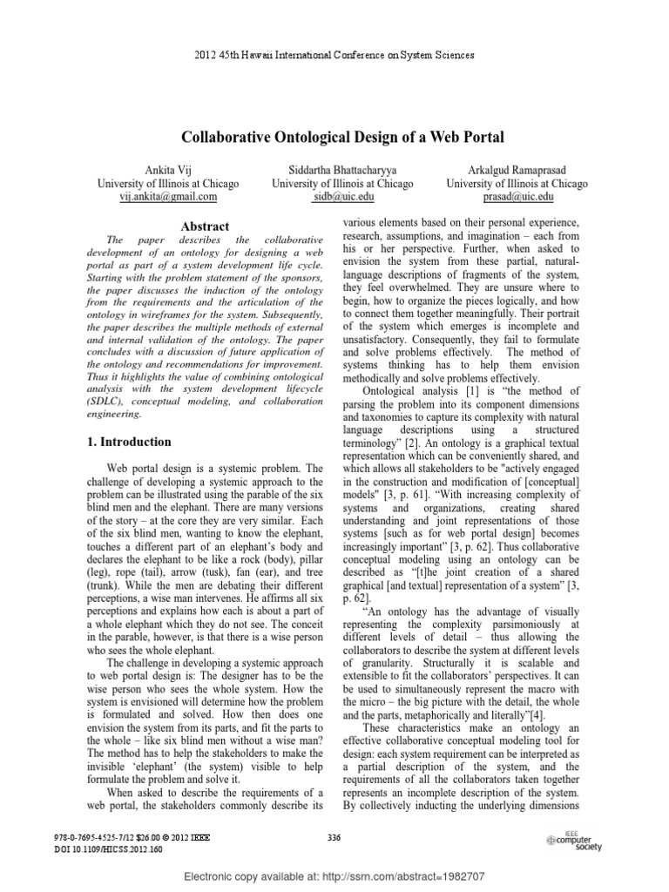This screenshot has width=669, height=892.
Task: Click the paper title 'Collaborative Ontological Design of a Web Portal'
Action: tap(342, 138)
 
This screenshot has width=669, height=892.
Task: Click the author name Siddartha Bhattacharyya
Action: tap(342, 168)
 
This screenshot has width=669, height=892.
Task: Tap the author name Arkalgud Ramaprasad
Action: tap(517, 168)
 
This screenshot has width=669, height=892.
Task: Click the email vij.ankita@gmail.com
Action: tap(168, 198)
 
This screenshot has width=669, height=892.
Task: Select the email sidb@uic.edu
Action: tap(342, 198)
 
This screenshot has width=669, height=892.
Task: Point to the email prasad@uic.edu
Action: tap(517, 198)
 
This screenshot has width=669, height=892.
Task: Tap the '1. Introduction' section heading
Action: tap(130, 442)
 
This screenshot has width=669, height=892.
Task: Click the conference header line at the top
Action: tap(334, 55)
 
